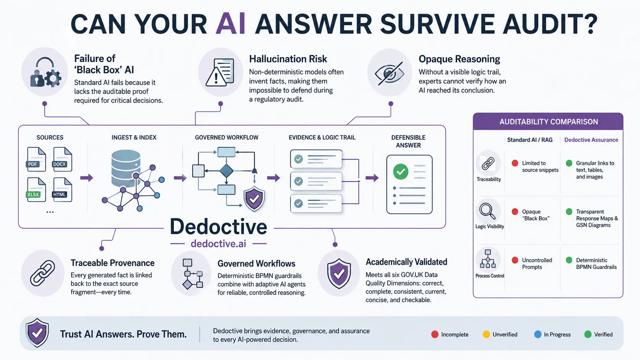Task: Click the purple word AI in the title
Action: click(230, 24)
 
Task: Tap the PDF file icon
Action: click(36, 159)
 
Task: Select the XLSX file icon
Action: click(36, 189)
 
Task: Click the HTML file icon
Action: click(62, 189)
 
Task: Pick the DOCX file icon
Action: click(62, 159)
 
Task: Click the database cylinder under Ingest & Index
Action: click(126, 168)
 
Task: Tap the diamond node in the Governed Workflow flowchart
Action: click(226, 171)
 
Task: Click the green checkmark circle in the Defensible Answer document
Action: click(400, 171)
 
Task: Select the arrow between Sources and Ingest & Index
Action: click(87, 178)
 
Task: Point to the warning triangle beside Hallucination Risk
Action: click(216, 77)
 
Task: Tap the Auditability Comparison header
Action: click(548, 122)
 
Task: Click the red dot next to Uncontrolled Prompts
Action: click(515, 260)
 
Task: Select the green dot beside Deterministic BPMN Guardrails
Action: click(569, 260)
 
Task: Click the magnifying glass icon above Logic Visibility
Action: click(487, 211)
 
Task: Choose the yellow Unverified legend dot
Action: click(486, 334)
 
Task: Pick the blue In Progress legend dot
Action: click(538, 334)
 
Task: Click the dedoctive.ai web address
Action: click(218, 244)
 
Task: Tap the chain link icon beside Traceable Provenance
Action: click(42, 273)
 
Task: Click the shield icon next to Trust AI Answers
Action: click(37, 333)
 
